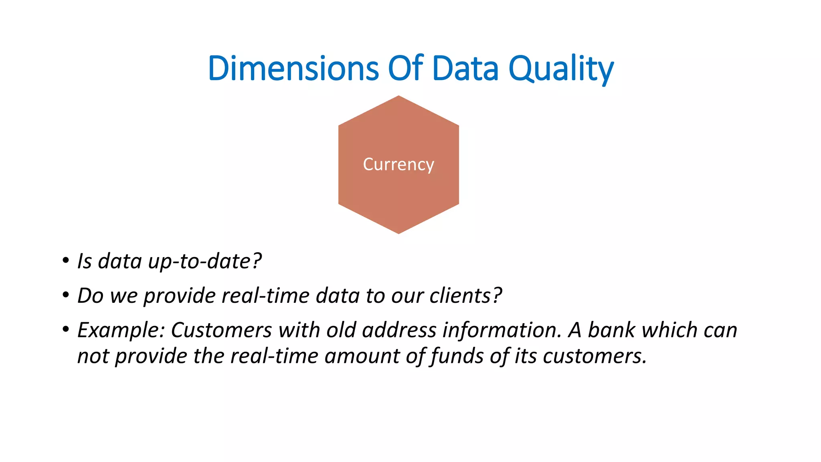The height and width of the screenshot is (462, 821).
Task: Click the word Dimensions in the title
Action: tap(293, 68)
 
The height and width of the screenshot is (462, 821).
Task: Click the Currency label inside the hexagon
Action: tap(398, 164)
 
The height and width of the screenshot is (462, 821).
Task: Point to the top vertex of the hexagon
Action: tap(398, 96)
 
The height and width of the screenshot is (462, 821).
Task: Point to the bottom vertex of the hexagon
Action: tap(398, 233)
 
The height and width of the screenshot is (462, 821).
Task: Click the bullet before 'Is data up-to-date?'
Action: tap(65, 261)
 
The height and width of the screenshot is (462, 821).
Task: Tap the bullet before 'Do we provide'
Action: tap(65, 296)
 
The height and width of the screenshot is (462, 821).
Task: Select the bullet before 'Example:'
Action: tap(65, 330)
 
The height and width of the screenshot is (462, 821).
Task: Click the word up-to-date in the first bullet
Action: tap(204, 261)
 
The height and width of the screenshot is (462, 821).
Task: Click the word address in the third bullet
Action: tap(399, 330)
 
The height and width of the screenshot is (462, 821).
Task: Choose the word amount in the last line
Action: tap(362, 357)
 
